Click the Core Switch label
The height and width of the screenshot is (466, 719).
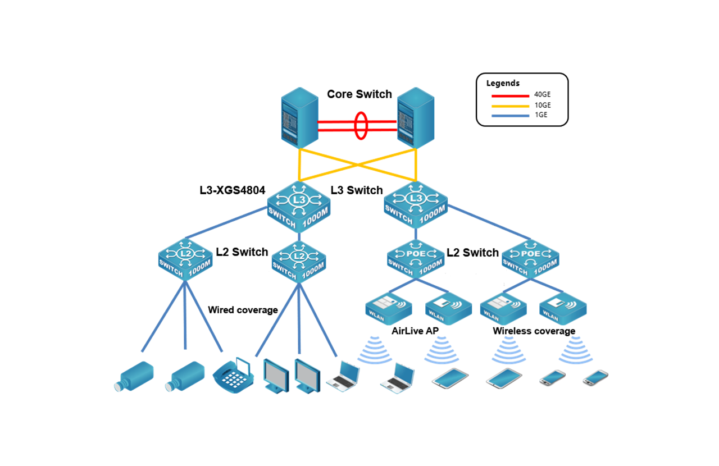coord(359,94)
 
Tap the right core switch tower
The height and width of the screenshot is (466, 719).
coord(416,118)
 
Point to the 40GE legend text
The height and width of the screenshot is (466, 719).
coord(542,95)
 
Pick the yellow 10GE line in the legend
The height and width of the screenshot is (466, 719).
coord(510,106)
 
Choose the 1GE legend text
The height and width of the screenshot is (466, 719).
coord(540,115)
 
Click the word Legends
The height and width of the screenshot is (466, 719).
coord(503,83)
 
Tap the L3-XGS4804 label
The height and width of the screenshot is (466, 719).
coord(232,190)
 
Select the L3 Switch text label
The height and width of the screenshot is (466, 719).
coord(357,190)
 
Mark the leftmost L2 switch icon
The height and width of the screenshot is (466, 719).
coord(185,259)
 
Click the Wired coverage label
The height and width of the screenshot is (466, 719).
coord(243,310)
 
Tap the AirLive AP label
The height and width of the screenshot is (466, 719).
coord(415,331)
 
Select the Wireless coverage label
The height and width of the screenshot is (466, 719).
coord(534,331)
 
